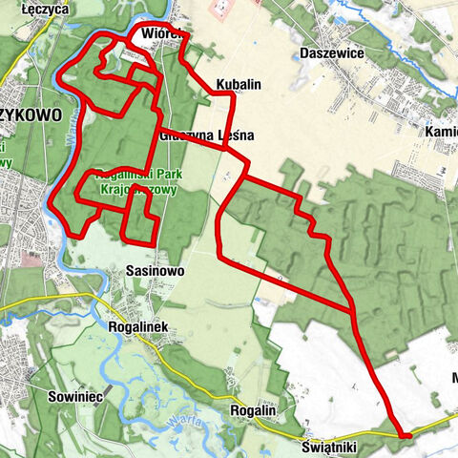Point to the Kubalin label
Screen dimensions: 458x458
(239, 85)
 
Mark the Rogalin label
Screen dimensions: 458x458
(255, 410)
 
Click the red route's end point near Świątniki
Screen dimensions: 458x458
(406, 436)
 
